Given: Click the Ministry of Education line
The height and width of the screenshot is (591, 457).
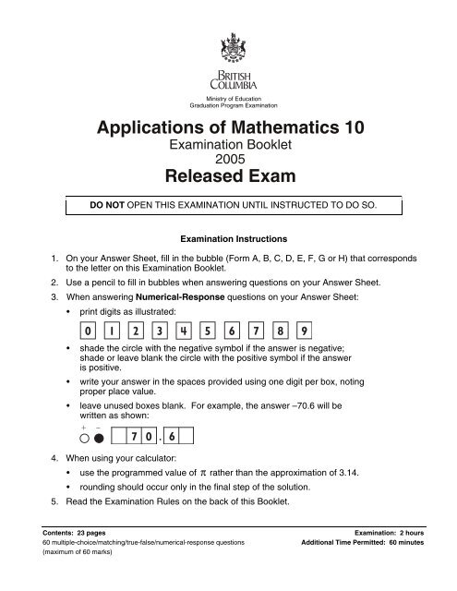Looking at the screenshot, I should click(228, 98).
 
